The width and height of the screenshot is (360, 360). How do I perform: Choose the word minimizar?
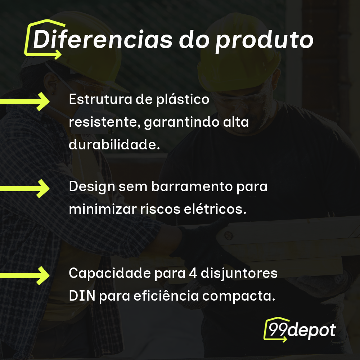(102, 209)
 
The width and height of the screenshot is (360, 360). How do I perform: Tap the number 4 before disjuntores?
(192, 274)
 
